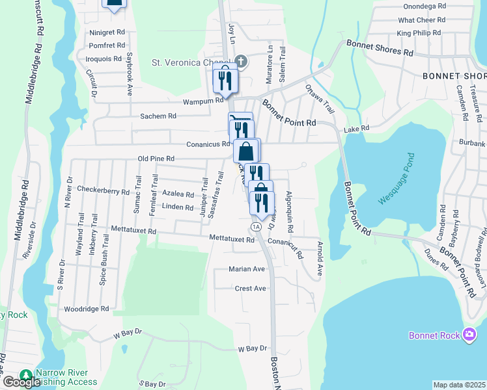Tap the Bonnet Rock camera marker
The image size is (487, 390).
point(469,335)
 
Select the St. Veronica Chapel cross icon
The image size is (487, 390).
point(241,62)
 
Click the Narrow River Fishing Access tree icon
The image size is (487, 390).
point(26,375)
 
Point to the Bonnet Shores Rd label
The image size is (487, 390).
point(380,47)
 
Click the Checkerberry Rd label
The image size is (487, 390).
point(104,190)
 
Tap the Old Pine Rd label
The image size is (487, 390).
point(156,159)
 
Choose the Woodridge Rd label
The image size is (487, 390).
point(86,309)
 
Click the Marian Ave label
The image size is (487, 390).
point(247,268)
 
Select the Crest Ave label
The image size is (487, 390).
point(251,288)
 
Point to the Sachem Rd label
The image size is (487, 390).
point(159,116)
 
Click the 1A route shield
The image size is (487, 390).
point(256,226)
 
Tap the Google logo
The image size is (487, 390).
point(21,382)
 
